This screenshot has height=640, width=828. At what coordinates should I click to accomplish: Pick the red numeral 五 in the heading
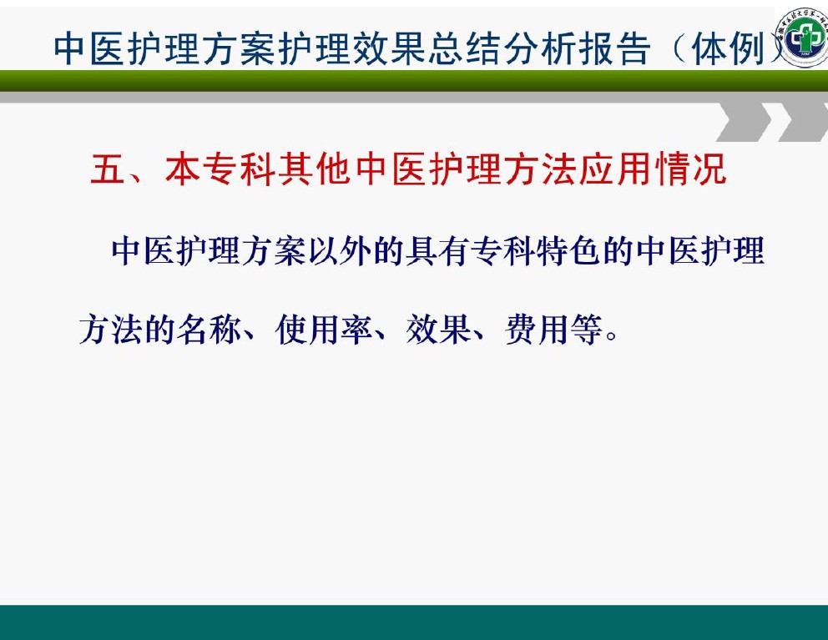click(x=108, y=169)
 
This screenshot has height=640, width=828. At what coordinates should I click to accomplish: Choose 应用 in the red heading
click(x=614, y=169)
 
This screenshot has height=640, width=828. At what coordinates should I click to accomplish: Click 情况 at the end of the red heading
click(x=690, y=169)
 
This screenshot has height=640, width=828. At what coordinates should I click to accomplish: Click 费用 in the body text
click(x=537, y=330)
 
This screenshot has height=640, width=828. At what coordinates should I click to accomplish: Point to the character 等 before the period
click(x=586, y=330)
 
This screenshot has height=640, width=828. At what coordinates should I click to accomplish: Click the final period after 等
click(x=612, y=335)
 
